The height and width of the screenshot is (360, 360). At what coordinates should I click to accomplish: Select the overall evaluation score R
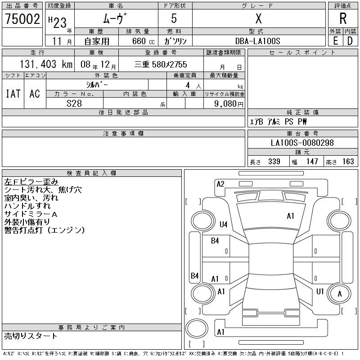tap(342, 19)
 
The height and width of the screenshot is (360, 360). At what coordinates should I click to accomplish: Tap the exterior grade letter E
tap(335, 40)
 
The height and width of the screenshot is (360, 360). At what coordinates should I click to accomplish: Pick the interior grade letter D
tap(350, 40)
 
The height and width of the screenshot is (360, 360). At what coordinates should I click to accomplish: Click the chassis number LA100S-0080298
tap(302, 143)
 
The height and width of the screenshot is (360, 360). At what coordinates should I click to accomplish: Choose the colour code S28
tap(74, 103)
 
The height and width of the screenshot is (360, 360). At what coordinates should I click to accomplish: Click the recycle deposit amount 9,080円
tap(229, 103)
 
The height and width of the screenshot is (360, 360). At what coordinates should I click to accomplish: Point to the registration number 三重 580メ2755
tap(161, 64)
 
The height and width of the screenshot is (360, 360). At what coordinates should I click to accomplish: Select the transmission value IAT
tap(13, 94)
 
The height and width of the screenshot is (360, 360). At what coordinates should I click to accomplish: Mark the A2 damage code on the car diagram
tap(220, 184)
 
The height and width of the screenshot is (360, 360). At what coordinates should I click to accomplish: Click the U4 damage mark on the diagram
tap(223, 225)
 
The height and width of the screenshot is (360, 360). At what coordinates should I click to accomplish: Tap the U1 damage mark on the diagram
tap(320, 292)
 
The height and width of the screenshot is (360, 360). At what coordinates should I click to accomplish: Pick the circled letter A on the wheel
tap(340, 294)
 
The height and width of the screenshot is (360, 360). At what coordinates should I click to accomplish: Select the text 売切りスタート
tap(31, 336)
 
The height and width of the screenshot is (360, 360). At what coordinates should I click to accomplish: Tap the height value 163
tap(348, 162)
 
